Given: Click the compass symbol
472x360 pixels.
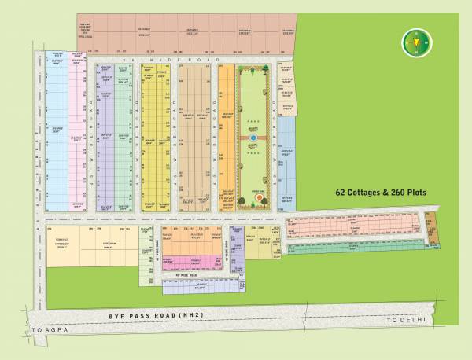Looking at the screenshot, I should [x=412, y=42].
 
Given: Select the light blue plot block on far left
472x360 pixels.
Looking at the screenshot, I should [x=55, y=134].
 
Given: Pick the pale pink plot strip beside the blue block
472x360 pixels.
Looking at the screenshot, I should [x=77, y=134].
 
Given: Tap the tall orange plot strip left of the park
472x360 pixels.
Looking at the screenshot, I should [x=227, y=138].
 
